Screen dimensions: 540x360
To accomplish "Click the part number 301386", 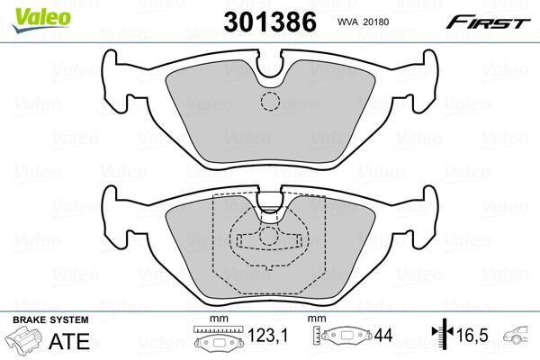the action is [x=270, y=22].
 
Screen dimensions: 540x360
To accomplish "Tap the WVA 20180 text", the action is [x=363, y=22].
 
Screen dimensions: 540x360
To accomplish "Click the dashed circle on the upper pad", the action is [x=270, y=102].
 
